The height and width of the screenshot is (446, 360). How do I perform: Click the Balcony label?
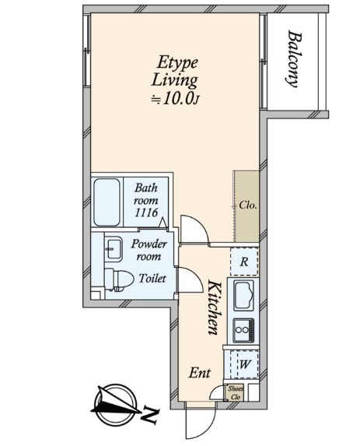click(x=292, y=58)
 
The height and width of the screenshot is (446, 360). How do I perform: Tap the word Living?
click(x=174, y=80)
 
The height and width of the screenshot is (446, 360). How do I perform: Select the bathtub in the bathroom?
click(x=107, y=202)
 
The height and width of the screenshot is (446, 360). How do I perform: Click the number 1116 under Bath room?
click(x=146, y=212)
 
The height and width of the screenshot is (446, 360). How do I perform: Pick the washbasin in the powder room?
click(x=114, y=249)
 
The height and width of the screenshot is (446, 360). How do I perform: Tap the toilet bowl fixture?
click(x=119, y=279)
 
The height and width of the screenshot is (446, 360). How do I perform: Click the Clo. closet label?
click(x=248, y=205)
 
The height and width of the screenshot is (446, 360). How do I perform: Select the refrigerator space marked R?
click(x=244, y=262)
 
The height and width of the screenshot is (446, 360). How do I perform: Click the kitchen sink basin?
click(x=243, y=296)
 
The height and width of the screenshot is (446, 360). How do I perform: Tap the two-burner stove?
click(x=243, y=330)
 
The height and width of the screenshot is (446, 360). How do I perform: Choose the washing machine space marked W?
click(x=244, y=364)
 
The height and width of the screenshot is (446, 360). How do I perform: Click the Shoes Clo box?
click(x=236, y=393)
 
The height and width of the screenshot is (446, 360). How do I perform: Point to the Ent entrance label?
click(x=200, y=373)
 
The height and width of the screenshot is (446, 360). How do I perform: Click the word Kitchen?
click(x=214, y=307)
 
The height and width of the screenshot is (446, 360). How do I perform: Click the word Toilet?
click(x=152, y=278)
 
